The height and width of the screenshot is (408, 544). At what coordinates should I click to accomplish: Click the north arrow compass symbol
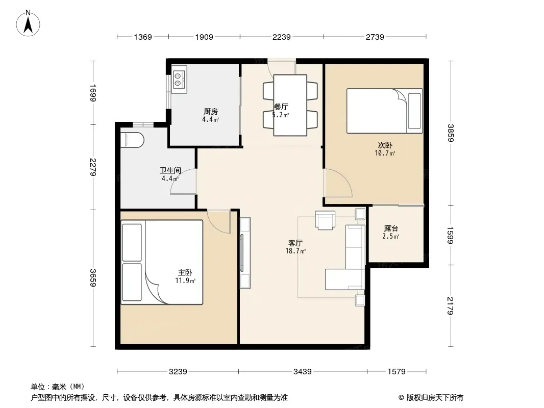[28, 23]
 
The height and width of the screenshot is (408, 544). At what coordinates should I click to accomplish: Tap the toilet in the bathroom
[132, 140]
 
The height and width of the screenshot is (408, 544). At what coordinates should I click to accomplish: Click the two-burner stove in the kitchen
[179, 80]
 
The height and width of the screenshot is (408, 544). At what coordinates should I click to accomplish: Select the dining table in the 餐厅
[290, 105]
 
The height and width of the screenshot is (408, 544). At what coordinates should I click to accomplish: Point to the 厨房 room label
[211, 111]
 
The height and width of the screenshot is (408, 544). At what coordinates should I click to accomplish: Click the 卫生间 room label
[170, 170]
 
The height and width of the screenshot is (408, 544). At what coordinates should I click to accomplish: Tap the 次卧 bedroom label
[385, 145]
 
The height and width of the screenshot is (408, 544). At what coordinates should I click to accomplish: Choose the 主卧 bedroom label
[185, 273]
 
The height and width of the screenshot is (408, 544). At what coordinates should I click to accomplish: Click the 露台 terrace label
[391, 228]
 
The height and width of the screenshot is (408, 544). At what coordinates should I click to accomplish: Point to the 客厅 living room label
[295, 243]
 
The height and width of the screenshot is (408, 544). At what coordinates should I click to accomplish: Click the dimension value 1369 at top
[143, 37]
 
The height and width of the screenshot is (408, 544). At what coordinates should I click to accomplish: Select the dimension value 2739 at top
[375, 37]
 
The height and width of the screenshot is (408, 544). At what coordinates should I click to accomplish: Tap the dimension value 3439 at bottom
[303, 372]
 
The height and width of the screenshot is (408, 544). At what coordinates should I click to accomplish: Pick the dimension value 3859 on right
[450, 133]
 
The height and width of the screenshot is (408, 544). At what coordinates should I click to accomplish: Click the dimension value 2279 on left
[93, 167]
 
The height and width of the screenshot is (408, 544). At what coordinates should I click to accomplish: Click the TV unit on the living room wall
[245, 252]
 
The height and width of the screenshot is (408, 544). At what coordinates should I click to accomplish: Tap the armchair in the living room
[325, 220]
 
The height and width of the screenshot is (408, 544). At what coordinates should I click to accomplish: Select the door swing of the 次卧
[337, 183]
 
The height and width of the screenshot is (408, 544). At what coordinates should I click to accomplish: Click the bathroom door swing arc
[183, 181]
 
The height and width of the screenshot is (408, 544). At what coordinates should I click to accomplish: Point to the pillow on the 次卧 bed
[414, 111]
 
